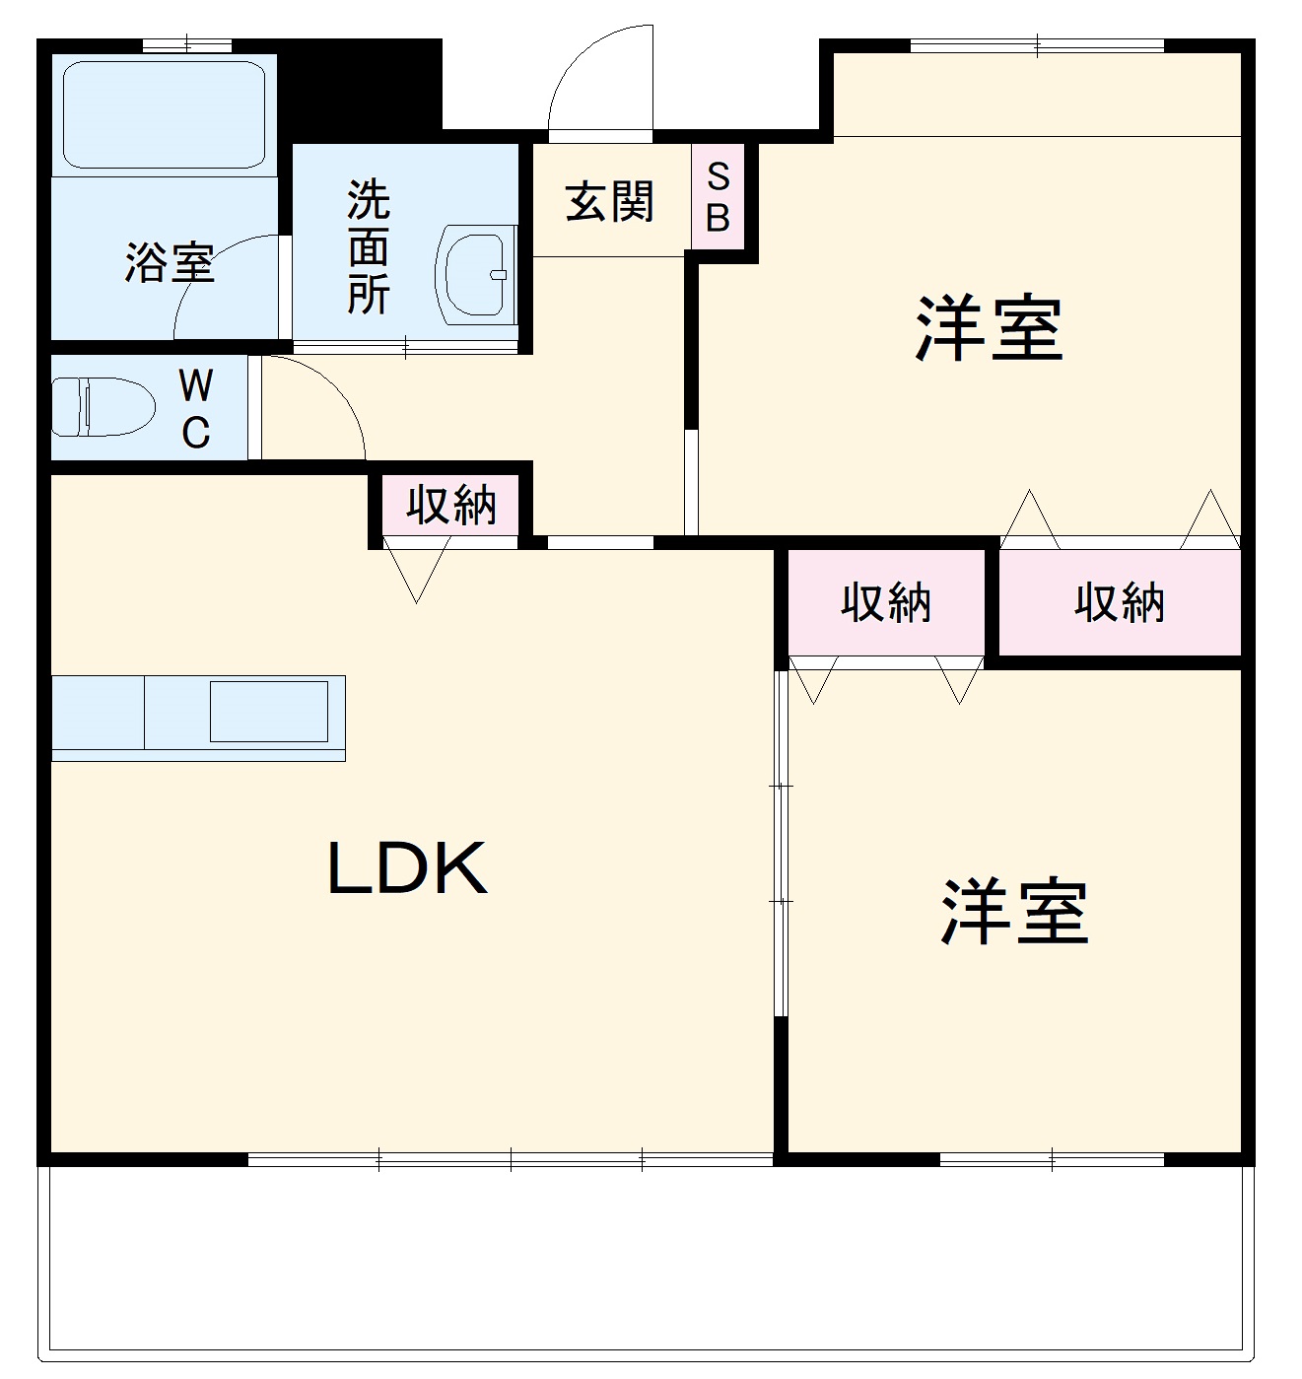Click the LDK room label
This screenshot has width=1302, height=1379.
tap(407, 868)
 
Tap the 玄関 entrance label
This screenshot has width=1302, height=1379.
tap(609, 202)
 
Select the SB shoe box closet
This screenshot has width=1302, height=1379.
tap(718, 197)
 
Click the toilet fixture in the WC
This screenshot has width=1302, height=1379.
tap(103, 406)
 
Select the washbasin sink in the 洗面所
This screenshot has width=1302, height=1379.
tap(477, 275)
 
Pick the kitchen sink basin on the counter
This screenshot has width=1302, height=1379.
tap(268, 711)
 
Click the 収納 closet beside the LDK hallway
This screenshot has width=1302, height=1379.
tap(451, 506)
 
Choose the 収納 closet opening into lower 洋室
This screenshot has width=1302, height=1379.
tap(885, 602)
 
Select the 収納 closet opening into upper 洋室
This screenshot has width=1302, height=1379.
tap(1120, 602)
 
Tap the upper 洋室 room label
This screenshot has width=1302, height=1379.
tap(989, 328)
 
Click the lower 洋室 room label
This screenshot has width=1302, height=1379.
tap(1014, 912)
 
